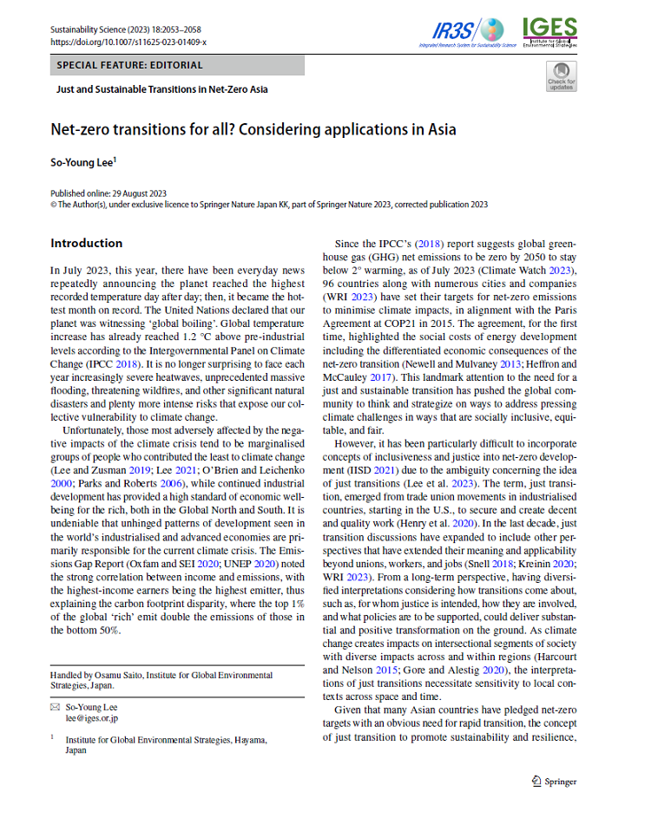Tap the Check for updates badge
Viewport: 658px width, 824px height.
click(x=561, y=75)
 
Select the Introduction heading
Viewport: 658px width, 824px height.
click(x=86, y=243)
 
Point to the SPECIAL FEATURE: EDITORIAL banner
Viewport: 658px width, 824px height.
click(x=129, y=65)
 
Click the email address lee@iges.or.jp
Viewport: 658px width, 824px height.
click(x=92, y=719)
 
